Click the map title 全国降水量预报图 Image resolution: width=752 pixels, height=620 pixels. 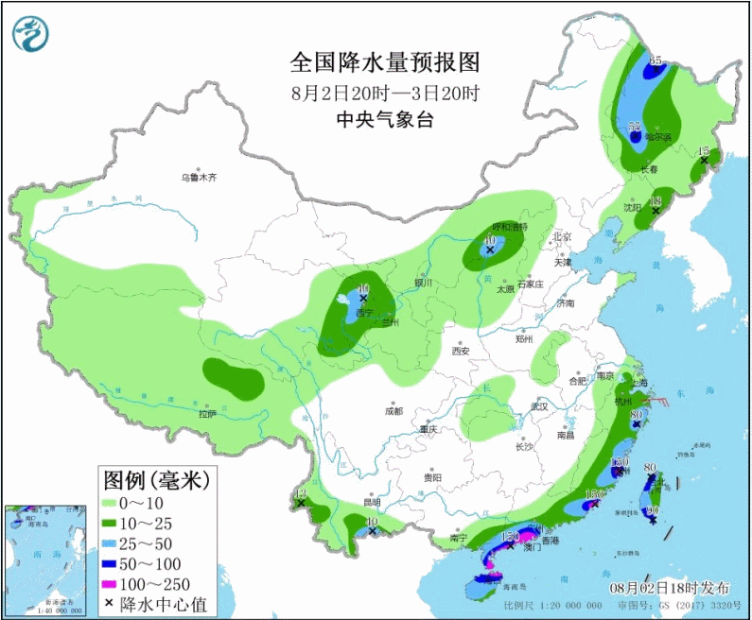click(385, 62)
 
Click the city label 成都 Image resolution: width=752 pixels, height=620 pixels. click(393, 411)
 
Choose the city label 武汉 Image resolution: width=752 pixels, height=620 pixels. click(540, 405)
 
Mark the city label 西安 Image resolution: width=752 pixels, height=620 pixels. click(461, 351)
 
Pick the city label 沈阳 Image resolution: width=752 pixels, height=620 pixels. click(632, 206)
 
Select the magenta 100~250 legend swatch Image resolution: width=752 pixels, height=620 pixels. click(114, 584)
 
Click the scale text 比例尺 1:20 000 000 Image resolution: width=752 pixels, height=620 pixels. click(552, 606)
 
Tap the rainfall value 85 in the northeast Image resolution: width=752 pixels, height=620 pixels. click(655, 60)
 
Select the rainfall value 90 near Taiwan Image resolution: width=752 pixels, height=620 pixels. click(652, 510)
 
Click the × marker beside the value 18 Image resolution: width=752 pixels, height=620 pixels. click(656, 212)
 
